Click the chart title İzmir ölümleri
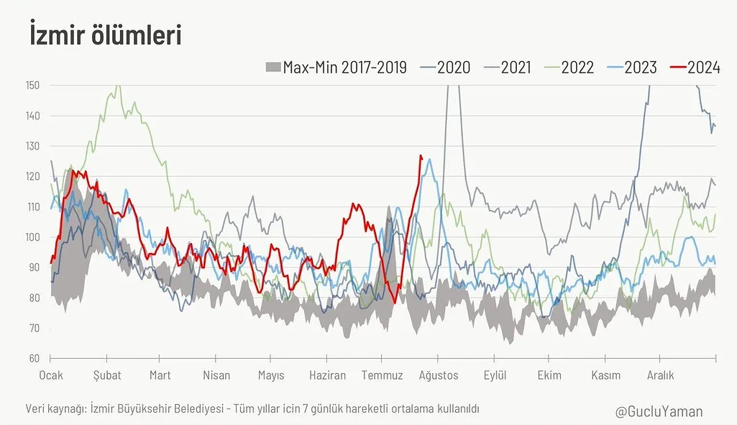pyautogui.click(x=105, y=35)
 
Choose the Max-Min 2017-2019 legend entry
pyautogui.click(x=337, y=68)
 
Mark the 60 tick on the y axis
pyautogui.click(x=34, y=358)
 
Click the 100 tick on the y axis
pyautogui.click(x=32, y=237)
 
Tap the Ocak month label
pyautogui.click(x=51, y=375)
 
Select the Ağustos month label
pyautogui.click(x=439, y=375)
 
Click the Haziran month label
pyautogui.click(x=327, y=375)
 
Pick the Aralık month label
pyautogui.click(x=660, y=375)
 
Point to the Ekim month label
pyautogui.click(x=550, y=375)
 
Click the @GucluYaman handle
pyautogui.click(x=659, y=411)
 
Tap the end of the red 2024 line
pyautogui.click(x=421, y=156)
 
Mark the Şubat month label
pyautogui.click(x=107, y=375)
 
